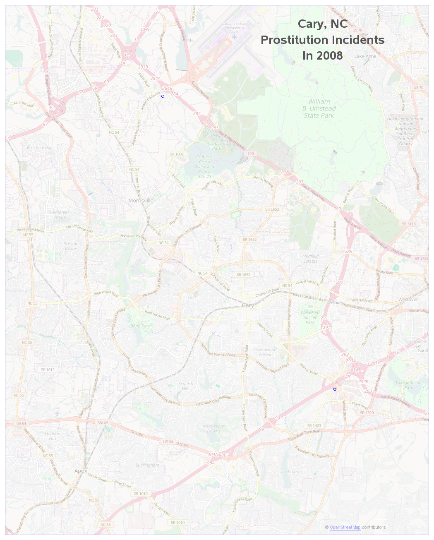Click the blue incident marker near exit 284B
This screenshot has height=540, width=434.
(163, 96)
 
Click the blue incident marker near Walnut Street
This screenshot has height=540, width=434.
(335, 389)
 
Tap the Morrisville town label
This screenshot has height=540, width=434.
(141, 200)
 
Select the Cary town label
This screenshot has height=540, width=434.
(248, 305)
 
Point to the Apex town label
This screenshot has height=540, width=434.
(81, 471)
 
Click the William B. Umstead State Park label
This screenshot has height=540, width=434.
(319, 108)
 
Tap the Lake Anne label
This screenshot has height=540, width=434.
(365, 56)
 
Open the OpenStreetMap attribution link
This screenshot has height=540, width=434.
(345, 527)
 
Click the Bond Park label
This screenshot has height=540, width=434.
(140, 326)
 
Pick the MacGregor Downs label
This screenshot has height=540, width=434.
(214, 429)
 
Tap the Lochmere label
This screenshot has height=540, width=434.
(291, 472)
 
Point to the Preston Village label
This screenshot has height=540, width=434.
(71, 247)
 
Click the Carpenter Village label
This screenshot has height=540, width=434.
(60, 215)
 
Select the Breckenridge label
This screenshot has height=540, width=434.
(40, 148)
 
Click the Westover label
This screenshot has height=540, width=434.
(408, 300)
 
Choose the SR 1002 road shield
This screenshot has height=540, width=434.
(177, 154)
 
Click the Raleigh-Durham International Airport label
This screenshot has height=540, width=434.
(234, 28)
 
